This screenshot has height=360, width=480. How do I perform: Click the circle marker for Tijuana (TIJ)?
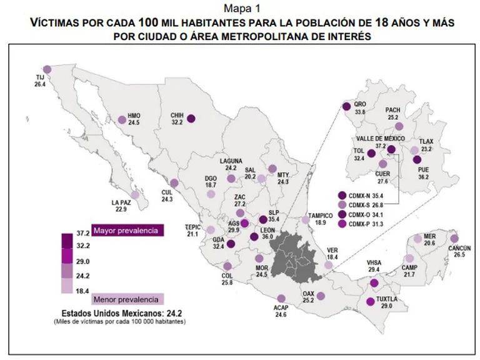point(47,69)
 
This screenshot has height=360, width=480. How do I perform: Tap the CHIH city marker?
point(191,118)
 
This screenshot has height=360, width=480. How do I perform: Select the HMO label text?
point(134,116)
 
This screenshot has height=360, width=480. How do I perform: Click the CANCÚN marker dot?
point(454,239)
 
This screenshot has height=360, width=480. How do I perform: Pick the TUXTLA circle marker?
point(370,302)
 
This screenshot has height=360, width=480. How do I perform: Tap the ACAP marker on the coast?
point(281,298)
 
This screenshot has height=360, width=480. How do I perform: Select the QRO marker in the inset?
point(347,107)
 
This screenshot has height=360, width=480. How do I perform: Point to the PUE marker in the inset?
point(417,159)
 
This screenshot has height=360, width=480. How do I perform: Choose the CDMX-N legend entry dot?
point(341,195)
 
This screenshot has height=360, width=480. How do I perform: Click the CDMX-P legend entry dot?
point(341,224)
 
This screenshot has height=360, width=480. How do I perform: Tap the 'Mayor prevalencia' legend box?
point(127,231)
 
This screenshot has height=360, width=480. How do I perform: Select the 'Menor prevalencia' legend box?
point(127,297)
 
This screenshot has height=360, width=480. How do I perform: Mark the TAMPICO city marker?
point(305,219)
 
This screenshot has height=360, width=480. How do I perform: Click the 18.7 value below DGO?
point(211,186)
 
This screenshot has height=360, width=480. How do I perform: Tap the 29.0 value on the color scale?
point(82,261)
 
